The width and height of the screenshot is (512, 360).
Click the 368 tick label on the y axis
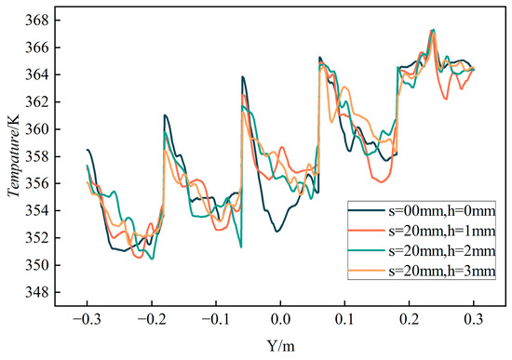pyautogui.click(x=36, y=20)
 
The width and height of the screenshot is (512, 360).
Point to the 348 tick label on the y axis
pyautogui.click(x=36, y=292)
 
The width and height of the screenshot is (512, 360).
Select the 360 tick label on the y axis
pyautogui.click(x=36, y=129)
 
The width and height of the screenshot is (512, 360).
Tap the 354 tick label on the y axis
pyautogui.click(x=36, y=211)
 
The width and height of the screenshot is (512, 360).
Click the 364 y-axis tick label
pyautogui.click(x=36, y=75)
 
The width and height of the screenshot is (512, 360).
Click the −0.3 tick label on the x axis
pyautogui.click(x=87, y=319)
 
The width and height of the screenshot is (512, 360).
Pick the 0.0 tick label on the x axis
pyautogui.click(x=280, y=319)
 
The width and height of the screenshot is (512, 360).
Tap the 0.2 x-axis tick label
pyautogui.click(x=410, y=319)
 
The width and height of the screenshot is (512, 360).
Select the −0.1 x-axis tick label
pyautogui.click(x=216, y=319)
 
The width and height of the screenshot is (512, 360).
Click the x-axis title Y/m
pyautogui.click(x=280, y=346)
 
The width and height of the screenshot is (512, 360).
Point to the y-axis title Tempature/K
pyautogui.click(x=13, y=155)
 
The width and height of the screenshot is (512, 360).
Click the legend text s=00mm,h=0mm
pyautogui.click(x=442, y=211)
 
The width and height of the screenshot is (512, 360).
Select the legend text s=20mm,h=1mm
pyautogui.click(x=442, y=231)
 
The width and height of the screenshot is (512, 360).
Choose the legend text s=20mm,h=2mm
pyautogui.click(x=442, y=250)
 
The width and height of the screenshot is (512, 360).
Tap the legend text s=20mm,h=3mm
pyautogui.click(x=442, y=271)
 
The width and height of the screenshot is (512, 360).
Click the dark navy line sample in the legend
pyautogui.click(x=367, y=211)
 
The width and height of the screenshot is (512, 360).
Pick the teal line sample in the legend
pyautogui.click(x=367, y=250)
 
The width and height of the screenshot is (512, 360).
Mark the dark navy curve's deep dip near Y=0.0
pyautogui.click(x=276, y=232)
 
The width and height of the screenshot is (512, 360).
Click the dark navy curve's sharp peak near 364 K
pyautogui.click(x=243, y=77)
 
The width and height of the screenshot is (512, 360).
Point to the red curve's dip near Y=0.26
pyautogui.click(x=446, y=99)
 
